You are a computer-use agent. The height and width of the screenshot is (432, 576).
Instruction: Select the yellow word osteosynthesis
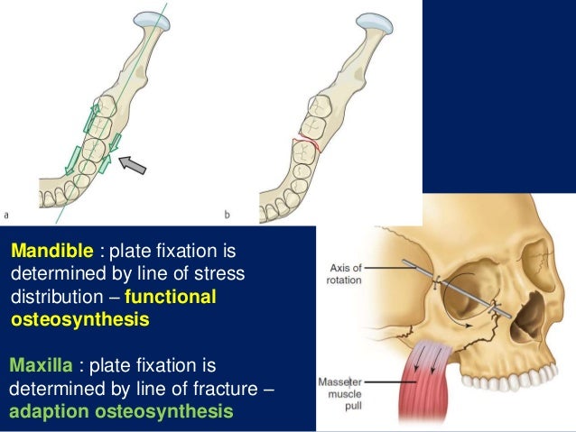point(79,319)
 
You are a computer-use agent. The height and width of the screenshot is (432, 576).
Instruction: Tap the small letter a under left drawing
point(8,215)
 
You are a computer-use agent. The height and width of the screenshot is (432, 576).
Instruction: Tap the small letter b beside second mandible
point(228,215)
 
